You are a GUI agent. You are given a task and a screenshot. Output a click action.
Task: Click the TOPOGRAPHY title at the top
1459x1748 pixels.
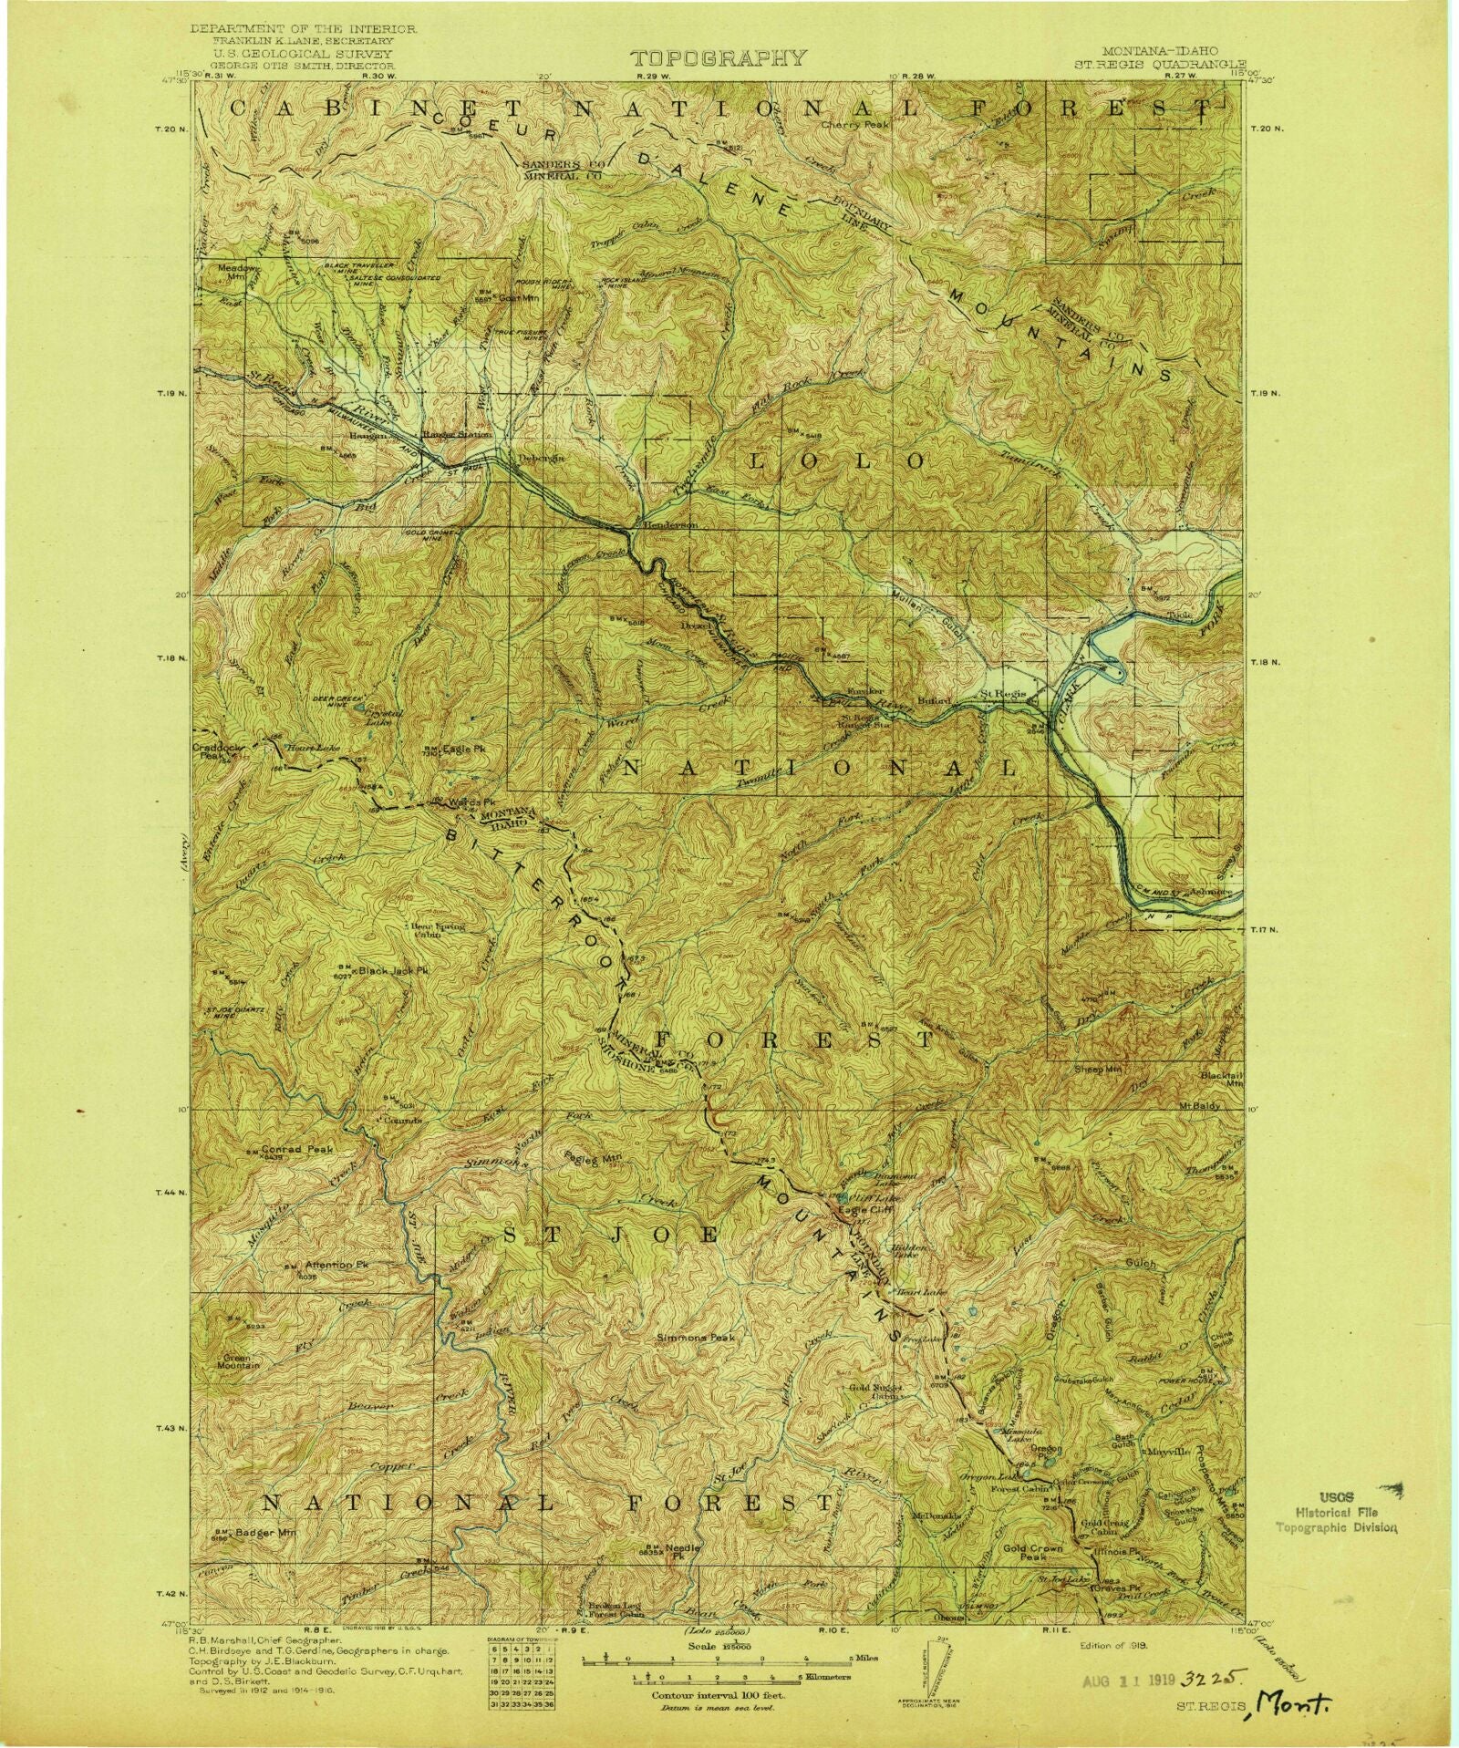coord(719,59)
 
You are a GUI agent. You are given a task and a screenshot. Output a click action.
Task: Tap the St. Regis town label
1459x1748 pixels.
coord(1004,695)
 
